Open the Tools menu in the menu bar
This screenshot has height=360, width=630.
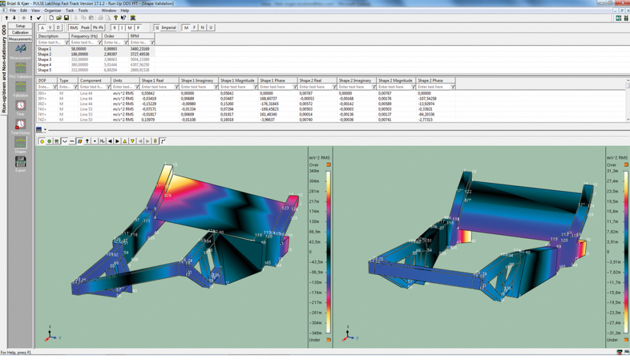pyautogui.click(x=83, y=10)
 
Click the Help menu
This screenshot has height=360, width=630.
pyautogui.click(x=125, y=10)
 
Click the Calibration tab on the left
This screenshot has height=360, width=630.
pyautogui.click(x=20, y=32)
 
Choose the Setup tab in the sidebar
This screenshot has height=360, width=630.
pyautogui.click(x=20, y=26)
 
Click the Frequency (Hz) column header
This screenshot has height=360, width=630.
pyautogui.click(x=85, y=36)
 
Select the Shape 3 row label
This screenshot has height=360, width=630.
pyautogui.click(x=45, y=59)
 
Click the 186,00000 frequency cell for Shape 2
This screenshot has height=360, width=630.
pyautogui.click(x=82, y=54)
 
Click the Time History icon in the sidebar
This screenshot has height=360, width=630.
pyautogui.click(x=20, y=126)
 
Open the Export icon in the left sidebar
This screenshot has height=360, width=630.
pyautogui.click(x=20, y=164)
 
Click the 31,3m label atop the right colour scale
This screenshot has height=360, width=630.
pyautogui.click(x=612, y=170)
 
